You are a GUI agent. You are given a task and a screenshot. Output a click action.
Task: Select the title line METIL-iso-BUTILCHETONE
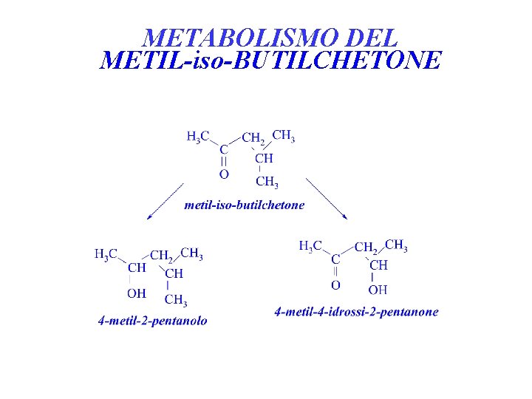(270, 60)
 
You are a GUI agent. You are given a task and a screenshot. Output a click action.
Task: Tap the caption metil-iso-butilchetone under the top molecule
(244, 205)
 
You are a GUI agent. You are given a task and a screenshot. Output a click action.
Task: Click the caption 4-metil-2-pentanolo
(153, 321)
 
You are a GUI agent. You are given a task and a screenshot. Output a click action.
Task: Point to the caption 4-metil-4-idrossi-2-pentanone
(356, 312)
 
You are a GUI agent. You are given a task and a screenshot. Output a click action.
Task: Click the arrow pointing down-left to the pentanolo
(165, 201)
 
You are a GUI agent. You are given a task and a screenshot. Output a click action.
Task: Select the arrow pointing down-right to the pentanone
(327, 198)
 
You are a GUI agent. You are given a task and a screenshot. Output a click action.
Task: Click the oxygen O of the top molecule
(224, 174)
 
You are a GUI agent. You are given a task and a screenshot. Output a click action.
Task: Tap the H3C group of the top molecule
(198, 137)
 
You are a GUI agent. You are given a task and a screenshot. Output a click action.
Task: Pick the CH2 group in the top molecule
(253, 138)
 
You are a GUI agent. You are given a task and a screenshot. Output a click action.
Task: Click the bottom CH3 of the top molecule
(266, 182)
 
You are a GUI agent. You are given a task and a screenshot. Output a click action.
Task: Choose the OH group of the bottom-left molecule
(137, 293)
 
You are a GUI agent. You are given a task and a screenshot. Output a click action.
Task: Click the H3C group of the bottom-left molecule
(106, 255)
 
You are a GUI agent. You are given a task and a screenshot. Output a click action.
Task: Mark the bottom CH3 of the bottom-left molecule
(175, 299)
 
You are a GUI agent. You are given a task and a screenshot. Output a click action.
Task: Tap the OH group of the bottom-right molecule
(378, 289)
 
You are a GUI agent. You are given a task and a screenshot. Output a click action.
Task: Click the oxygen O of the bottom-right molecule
(335, 284)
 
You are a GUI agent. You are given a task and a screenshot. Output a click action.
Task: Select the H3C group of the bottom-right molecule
(310, 246)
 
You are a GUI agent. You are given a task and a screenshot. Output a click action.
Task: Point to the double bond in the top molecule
(224, 161)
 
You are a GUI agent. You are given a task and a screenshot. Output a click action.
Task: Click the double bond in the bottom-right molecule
(335, 271)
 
